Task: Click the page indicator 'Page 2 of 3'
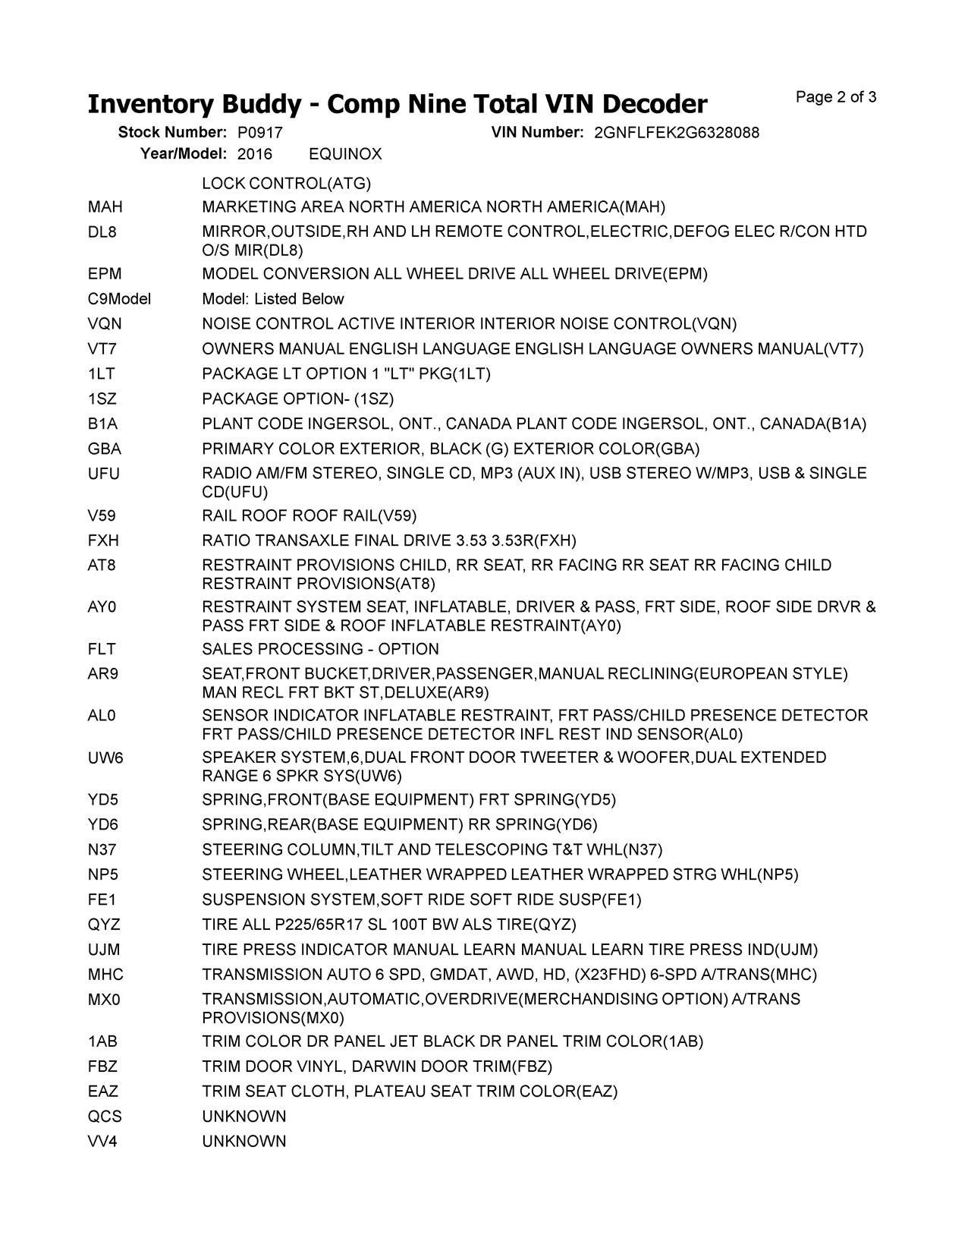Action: point(836,97)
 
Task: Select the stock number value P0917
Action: point(260,133)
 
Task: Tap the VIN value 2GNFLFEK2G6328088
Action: point(677,133)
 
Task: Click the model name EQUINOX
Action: point(345,154)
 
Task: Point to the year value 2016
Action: point(255,154)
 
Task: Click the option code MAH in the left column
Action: point(105,207)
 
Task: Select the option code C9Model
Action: point(119,299)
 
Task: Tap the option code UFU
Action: point(104,474)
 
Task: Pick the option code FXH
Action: point(104,540)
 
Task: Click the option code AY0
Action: point(102,607)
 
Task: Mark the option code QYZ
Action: point(105,925)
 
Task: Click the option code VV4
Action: point(102,1142)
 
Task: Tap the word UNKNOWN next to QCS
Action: point(244,1117)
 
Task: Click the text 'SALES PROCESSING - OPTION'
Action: point(320,649)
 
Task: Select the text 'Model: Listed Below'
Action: point(273,299)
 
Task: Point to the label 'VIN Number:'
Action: point(537,133)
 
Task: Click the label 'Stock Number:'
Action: point(172,133)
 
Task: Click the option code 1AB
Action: point(102,1041)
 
